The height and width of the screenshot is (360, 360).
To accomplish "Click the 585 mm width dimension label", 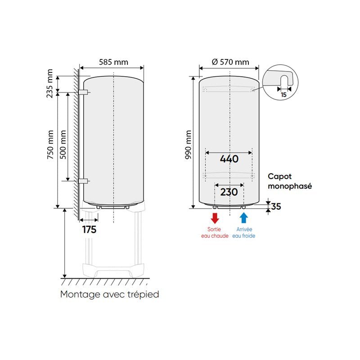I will pyautogui.click(x=111, y=62).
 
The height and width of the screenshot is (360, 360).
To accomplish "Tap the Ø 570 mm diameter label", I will pyautogui.click(x=229, y=62).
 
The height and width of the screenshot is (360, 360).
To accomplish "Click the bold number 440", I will pyautogui.click(x=229, y=159).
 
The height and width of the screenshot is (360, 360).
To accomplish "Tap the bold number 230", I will pyautogui.click(x=229, y=192).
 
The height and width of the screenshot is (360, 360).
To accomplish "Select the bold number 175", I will pyautogui.click(x=89, y=229).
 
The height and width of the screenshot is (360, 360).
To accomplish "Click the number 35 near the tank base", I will pyautogui.click(x=276, y=207).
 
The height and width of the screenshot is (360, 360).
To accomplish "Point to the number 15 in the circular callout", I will pyautogui.click(x=283, y=95).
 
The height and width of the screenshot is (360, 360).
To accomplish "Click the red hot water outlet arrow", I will pyautogui.click(x=215, y=218).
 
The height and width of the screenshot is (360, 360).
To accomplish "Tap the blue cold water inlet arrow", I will pyautogui.click(x=243, y=218).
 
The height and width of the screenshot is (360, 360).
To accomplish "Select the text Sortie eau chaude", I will pyautogui.click(x=215, y=233).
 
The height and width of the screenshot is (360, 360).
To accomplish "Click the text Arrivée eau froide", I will pyautogui.click(x=243, y=233).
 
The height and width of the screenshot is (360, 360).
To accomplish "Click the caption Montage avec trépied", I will pyautogui.click(x=110, y=294).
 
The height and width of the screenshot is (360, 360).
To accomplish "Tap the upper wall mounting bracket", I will pyautogui.click(x=84, y=92).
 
